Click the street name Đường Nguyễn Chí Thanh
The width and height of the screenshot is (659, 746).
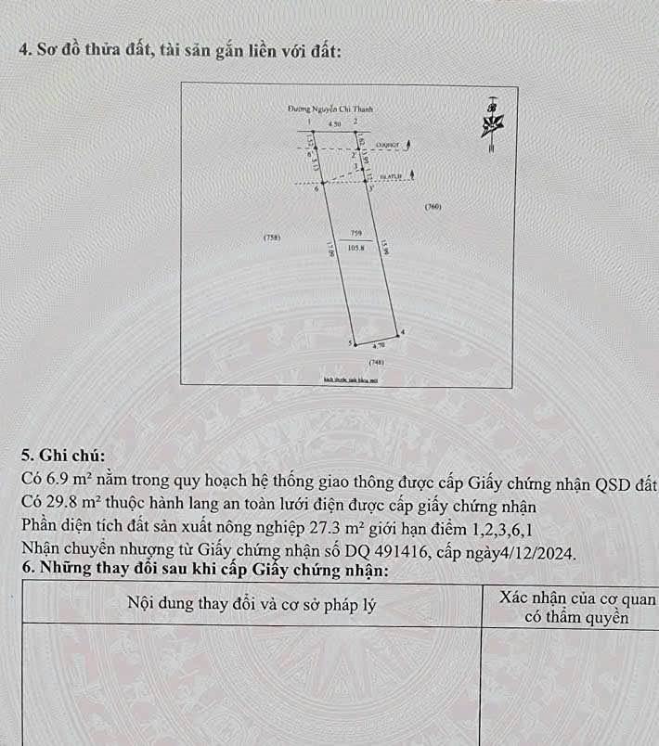317,109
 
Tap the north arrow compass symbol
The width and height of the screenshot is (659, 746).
492,120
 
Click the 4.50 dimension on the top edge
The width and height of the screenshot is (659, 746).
335,123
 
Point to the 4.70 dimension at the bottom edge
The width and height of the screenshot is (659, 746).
379,344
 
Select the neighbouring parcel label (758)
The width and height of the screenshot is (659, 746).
272,238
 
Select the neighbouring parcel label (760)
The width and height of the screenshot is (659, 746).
432,206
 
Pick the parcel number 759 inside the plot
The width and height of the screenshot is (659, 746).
355,234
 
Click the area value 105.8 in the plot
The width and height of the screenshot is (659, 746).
355,248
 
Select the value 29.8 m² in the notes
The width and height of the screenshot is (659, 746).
75,501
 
